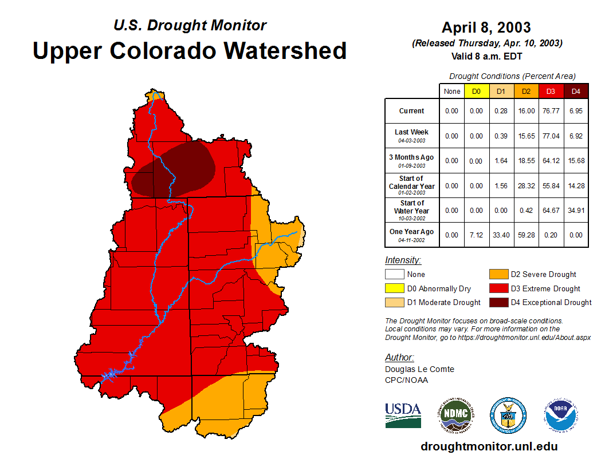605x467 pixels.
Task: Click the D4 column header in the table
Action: click(x=576, y=91)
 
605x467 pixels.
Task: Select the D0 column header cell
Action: click(x=476, y=91)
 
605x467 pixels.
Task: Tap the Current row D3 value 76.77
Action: click(x=551, y=111)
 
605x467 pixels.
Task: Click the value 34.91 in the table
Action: click(x=576, y=210)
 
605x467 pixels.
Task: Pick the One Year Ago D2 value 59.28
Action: click(x=526, y=235)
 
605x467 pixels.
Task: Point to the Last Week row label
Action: click(x=411, y=135)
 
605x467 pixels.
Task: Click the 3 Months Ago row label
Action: click(x=411, y=160)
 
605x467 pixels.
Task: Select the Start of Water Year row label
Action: click(x=411, y=210)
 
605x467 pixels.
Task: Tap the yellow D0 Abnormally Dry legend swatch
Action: click(x=394, y=288)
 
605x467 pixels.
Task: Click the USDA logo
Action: click(x=403, y=415)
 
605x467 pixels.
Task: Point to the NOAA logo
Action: click(x=561, y=415)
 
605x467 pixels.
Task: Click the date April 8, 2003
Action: click(x=486, y=27)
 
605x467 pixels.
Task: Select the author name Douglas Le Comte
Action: click(x=419, y=369)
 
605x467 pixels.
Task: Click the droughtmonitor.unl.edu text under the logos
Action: click(x=489, y=446)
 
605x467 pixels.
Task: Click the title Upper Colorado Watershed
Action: click(x=190, y=51)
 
